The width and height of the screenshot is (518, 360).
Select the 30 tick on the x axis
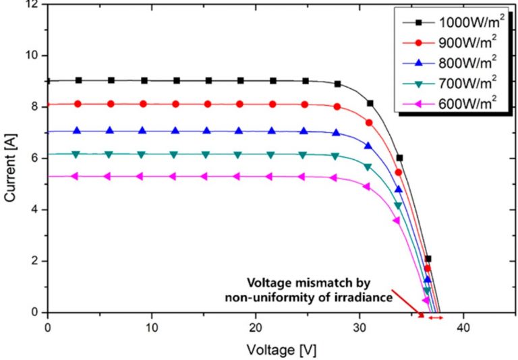tap(359, 328)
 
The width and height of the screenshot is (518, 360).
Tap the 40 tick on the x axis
tap(463, 328)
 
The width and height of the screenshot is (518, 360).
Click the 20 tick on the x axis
tap(255, 328)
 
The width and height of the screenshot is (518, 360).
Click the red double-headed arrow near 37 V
tap(436, 317)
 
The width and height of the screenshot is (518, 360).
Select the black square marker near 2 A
tap(428, 259)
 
